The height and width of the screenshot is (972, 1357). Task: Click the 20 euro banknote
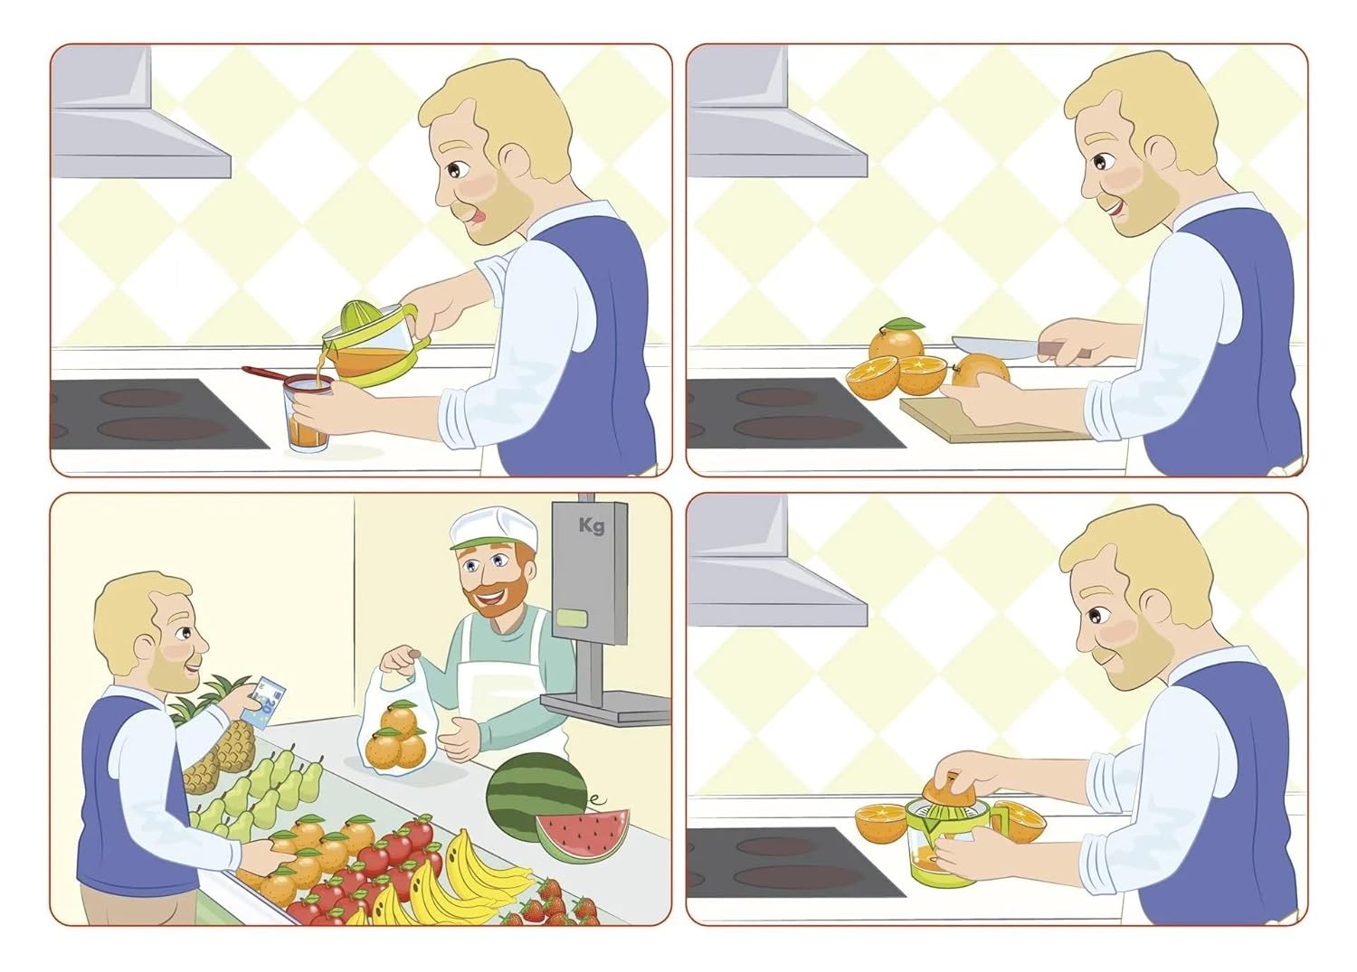[264, 702]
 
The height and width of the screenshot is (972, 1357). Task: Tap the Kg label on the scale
[592, 525]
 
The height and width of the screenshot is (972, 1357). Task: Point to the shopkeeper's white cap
[493, 528]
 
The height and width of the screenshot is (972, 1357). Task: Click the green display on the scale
[571, 618]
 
